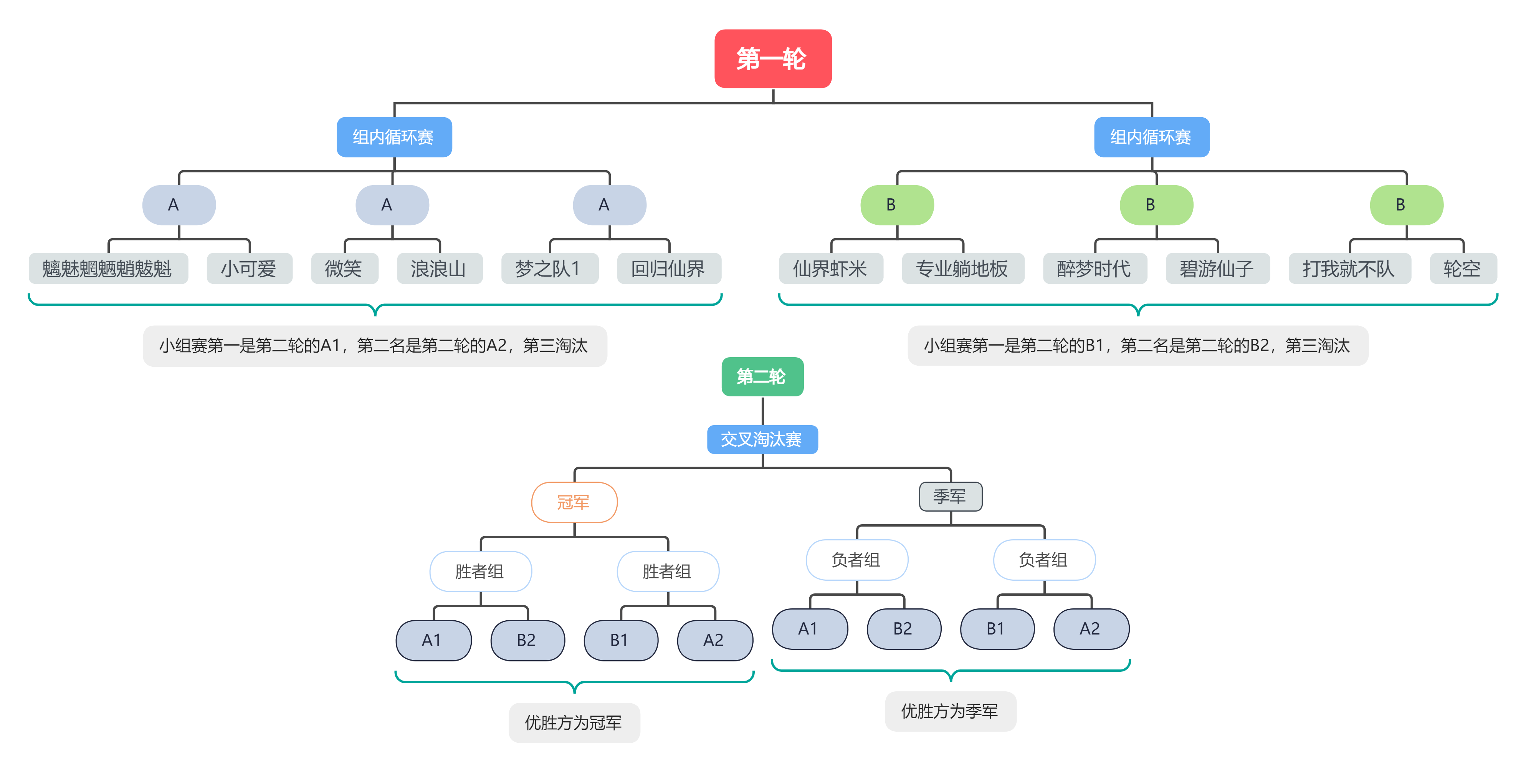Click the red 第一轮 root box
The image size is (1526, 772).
click(772, 59)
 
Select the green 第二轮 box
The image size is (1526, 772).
click(762, 376)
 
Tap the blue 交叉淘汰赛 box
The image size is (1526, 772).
click(762, 439)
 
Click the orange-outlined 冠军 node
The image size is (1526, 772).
click(574, 502)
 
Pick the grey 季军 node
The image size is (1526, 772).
click(950, 497)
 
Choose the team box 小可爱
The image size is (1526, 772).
click(249, 268)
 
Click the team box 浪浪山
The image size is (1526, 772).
click(439, 268)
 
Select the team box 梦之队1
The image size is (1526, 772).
click(549, 268)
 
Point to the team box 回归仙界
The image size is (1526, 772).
click(669, 268)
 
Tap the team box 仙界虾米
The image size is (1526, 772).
click(830, 268)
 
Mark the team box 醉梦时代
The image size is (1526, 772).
click(1094, 268)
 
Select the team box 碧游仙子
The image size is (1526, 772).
click(1217, 268)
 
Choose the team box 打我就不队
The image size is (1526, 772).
click(1349, 268)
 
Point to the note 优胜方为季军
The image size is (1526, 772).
click(950, 711)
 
